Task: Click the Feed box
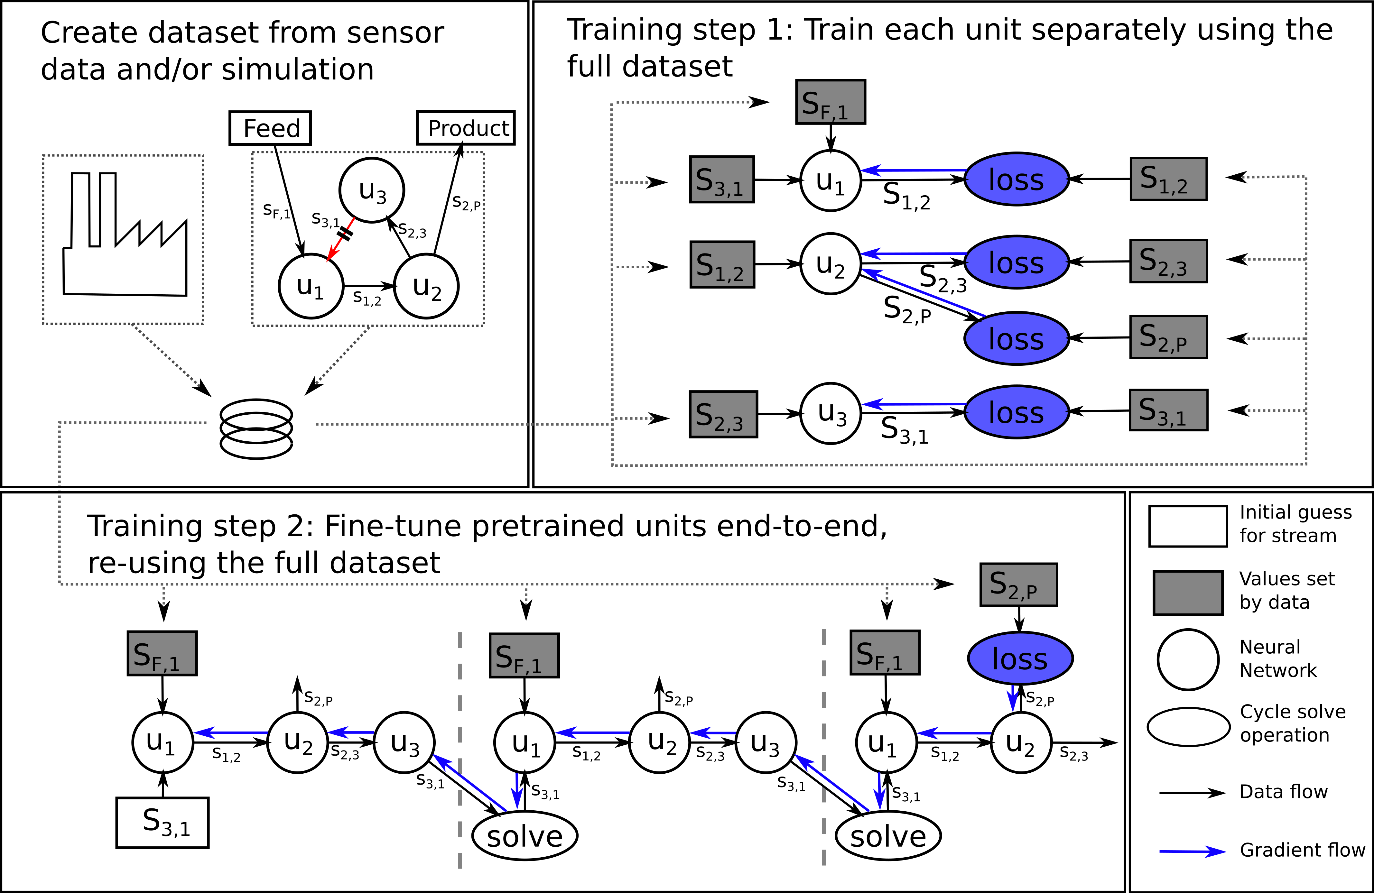pos(270,128)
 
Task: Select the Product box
pos(465,128)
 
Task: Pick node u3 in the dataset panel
pos(372,190)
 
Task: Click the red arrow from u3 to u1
pos(341,240)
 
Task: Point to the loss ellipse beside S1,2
pos(1016,180)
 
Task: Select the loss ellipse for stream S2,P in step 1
pos(1016,339)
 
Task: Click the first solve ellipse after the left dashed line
pos(525,836)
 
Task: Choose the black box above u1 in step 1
pos(830,102)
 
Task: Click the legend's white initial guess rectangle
pos(1187,526)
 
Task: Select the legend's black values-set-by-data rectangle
pos(1187,593)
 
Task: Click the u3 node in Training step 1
pos(831,413)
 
